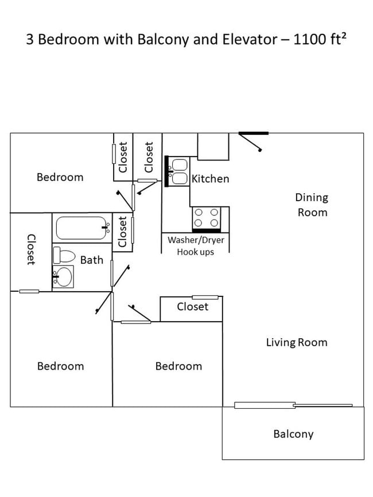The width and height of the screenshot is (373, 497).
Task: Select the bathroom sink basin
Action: click(x=64, y=277)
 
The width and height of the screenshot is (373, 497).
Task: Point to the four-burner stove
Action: click(x=207, y=218)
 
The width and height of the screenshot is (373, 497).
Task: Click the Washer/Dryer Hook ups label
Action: click(x=196, y=246)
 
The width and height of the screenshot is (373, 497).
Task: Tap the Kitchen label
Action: click(x=210, y=179)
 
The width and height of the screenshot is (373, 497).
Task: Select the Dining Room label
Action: click(x=312, y=205)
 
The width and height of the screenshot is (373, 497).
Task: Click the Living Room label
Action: click(x=296, y=342)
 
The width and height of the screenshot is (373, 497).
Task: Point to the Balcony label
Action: click(x=293, y=434)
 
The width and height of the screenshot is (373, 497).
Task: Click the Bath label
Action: click(x=92, y=260)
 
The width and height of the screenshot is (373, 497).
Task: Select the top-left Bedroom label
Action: click(x=60, y=177)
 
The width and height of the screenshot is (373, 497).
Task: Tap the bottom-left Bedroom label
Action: click(x=60, y=366)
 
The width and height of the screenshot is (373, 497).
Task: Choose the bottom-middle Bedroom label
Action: click(x=178, y=366)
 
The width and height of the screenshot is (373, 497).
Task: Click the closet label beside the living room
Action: click(x=193, y=307)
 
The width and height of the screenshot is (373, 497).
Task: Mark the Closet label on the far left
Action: click(x=30, y=249)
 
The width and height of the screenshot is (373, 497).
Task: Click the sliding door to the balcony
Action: click(x=293, y=405)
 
